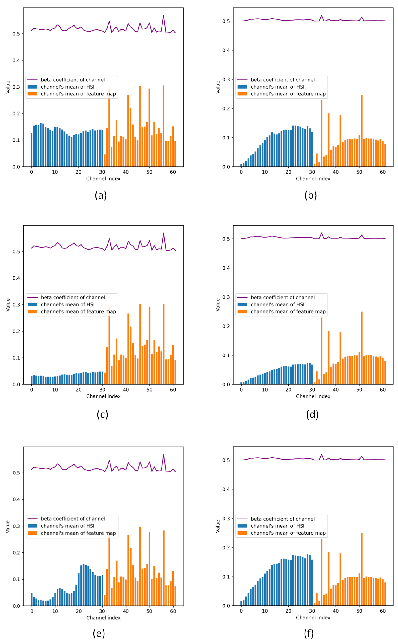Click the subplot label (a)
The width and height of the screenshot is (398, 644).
coord(101,195)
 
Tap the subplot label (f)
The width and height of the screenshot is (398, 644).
coord(309,633)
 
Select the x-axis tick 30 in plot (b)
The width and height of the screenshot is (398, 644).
coord(312,172)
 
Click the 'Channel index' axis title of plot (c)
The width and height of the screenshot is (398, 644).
coord(103,396)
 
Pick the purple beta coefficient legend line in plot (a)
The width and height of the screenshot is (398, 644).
coord(33,80)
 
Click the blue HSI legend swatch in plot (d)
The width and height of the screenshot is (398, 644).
coord(242,304)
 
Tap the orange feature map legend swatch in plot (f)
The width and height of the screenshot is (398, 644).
coord(242,533)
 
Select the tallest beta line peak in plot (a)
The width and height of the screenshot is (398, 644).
coord(164,15)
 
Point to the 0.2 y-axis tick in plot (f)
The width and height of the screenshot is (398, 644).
coord(226,548)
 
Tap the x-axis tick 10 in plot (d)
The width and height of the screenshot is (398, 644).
coord(265,390)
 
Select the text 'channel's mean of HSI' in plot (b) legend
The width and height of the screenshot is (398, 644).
coord(277,87)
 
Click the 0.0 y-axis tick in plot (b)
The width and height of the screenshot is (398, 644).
coord(226,167)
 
